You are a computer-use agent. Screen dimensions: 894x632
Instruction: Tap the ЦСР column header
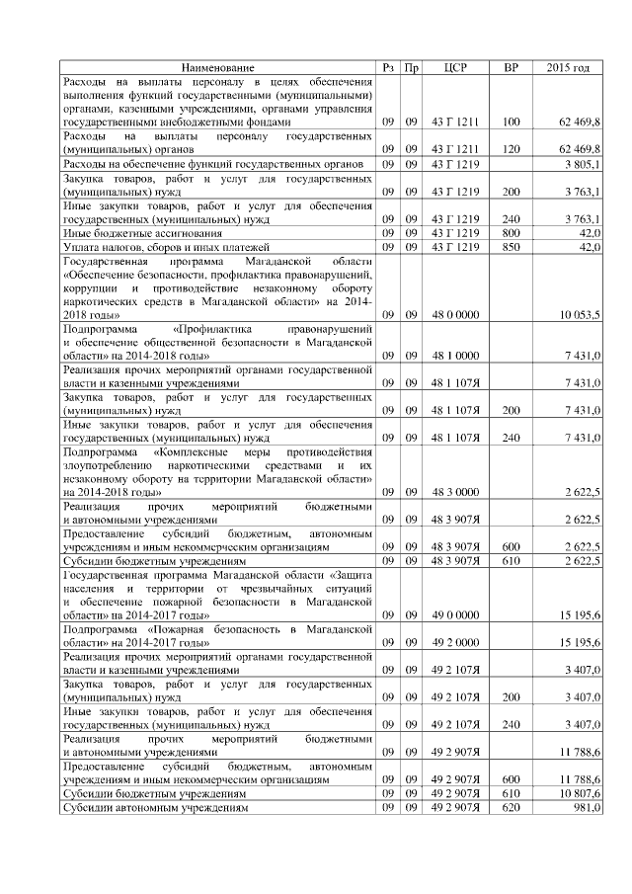(456, 67)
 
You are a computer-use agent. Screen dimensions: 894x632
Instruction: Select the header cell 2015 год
(568, 67)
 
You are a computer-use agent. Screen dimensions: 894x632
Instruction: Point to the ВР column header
(511, 67)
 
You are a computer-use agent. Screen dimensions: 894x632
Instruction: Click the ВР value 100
(511, 122)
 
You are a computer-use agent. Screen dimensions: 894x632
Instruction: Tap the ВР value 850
(511, 245)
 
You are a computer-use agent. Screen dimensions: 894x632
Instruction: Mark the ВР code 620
(511, 806)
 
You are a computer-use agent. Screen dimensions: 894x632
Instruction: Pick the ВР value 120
(511, 149)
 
